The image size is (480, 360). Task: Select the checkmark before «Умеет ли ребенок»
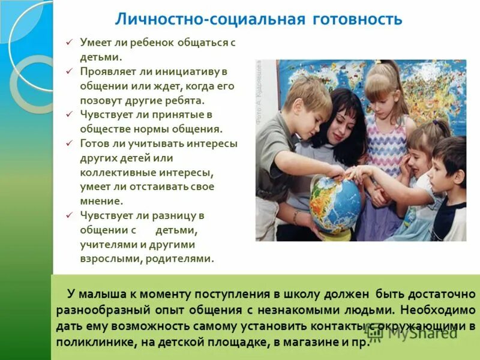pyautogui.click(x=69, y=43)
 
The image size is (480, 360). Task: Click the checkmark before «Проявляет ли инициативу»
pyautogui.click(x=69, y=71)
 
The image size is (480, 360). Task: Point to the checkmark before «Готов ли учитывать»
pyautogui.click(x=69, y=143)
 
